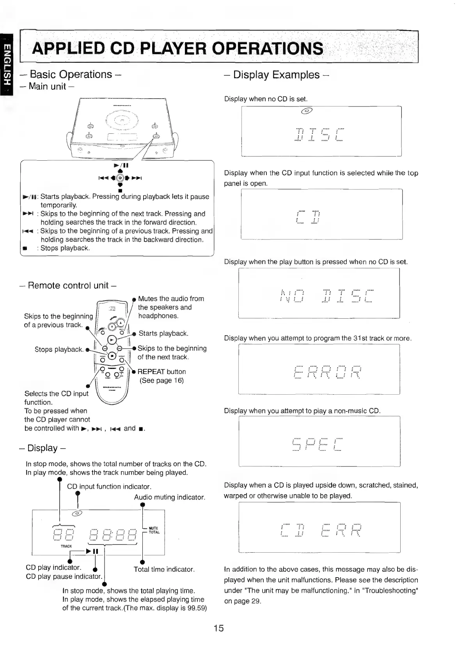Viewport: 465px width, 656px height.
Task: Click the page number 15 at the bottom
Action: tap(218, 628)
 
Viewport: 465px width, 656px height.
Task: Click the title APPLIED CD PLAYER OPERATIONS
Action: tap(178, 48)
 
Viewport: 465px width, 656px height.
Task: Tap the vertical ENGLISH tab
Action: tap(7, 65)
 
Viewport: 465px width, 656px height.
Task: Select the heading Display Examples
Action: tap(276, 74)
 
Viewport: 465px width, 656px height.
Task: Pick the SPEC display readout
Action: tap(317, 444)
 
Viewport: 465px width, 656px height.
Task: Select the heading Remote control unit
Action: tap(68, 285)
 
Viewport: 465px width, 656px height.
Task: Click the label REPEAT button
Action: tap(162, 372)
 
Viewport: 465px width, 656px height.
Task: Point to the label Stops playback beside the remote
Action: tap(59, 349)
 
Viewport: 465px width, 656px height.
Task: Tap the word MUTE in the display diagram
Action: tap(153, 528)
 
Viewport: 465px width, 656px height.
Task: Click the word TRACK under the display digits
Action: tap(67, 546)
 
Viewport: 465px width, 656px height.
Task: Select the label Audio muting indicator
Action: tap(169, 497)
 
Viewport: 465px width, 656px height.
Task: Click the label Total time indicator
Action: tap(164, 569)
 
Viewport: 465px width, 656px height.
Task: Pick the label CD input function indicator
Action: tap(109, 486)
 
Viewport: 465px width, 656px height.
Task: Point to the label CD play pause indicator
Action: tap(64, 576)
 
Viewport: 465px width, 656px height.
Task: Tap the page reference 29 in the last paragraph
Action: tap(256, 601)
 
